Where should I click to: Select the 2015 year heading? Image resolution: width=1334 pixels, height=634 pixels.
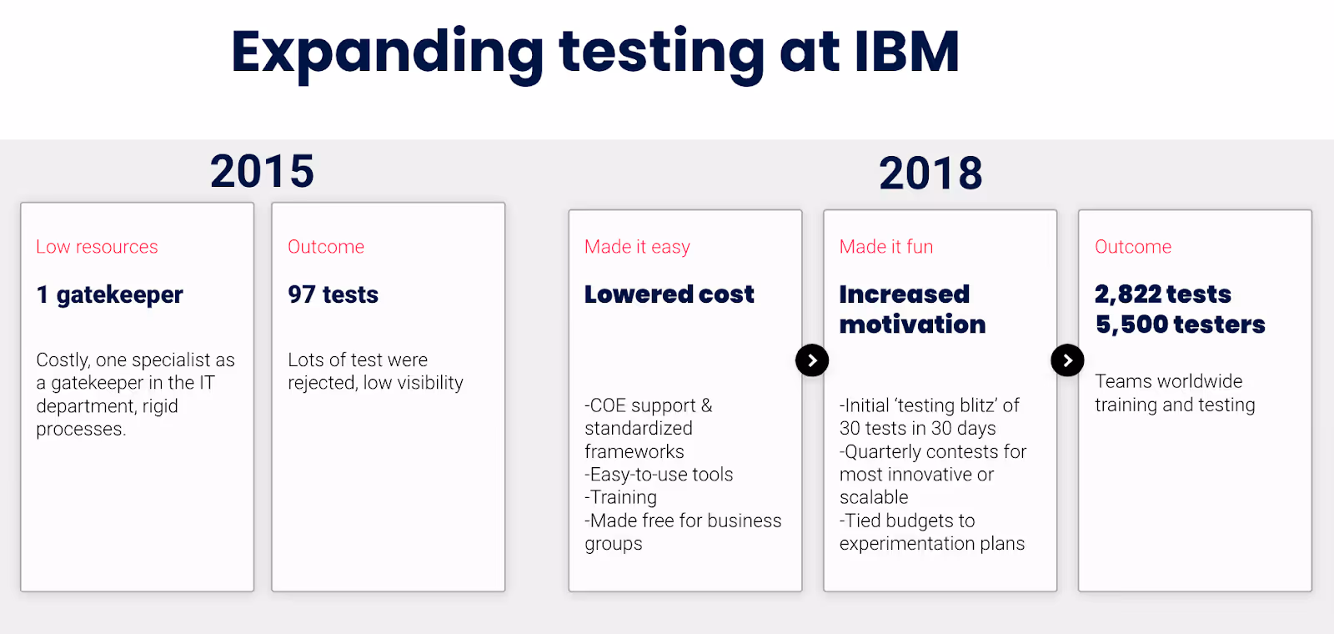click(x=262, y=171)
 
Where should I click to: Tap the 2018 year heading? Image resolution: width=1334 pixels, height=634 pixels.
click(x=930, y=174)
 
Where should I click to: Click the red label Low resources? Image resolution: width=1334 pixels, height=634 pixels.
click(x=97, y=247)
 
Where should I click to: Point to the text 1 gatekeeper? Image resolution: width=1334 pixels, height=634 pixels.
click(x=109, y=294)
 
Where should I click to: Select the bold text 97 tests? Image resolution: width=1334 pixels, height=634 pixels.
click(x=333, y=294)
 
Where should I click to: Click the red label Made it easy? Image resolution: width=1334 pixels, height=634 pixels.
click(x=637, y=247)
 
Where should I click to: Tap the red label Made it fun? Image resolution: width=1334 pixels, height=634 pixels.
click(x=885, y=247)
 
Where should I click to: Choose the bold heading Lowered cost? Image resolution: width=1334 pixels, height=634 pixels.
click(x=669, y=294)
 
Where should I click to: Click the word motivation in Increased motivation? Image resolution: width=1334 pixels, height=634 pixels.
click(x=912, y=325)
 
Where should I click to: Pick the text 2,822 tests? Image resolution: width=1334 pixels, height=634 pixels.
click(x=1162, y=294)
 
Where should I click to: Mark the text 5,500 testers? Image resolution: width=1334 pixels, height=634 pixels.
click(x=1180, y=325)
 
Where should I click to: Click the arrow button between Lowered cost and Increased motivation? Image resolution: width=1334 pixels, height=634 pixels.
click(x=812, y=360)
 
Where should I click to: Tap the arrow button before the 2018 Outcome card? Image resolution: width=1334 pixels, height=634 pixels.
click(x=1067, y=360)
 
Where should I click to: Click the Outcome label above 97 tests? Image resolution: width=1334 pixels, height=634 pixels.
click(x=326, y=247)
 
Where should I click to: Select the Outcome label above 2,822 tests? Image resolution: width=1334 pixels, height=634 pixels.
click(x=1133, y=247)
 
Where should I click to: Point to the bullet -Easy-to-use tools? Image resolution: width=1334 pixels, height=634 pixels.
click(x=659, y=475)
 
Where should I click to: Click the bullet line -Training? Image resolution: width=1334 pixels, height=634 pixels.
click(x=621, y=498)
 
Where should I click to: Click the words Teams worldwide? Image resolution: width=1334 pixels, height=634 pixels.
click(x=1168, y=381)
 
